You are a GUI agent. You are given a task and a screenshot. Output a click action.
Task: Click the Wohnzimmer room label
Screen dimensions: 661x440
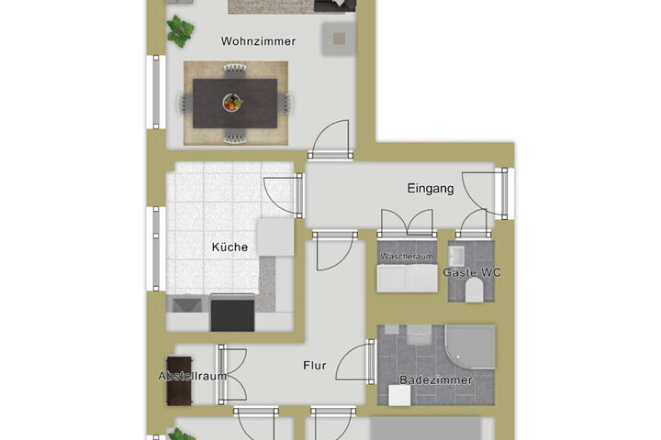click(x=258, y=41)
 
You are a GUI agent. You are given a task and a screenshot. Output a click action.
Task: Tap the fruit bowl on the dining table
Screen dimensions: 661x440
click(x=232, y=103)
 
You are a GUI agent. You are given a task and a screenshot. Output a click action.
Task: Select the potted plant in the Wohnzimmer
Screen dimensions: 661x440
click(x=181, y=31)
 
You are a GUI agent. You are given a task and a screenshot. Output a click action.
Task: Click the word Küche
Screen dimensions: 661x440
click(x=230, y=247)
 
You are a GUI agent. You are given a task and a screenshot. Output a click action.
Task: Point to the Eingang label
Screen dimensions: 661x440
click(x=431, y=188)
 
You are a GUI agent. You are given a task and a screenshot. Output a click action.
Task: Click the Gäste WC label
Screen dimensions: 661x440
click(x=472, y=272)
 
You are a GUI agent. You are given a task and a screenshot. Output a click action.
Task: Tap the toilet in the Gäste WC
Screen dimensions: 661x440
click(x=475, y=291)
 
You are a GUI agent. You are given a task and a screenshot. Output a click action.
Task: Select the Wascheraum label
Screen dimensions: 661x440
click(x=407, y=256)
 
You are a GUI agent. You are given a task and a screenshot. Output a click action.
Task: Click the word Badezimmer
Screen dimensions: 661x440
click(x=435, y=379)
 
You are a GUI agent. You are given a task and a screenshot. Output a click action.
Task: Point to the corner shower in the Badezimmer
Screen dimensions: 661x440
click(x=471, y=346)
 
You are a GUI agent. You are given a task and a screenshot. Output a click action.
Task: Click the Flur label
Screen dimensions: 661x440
click(x=315, y=366)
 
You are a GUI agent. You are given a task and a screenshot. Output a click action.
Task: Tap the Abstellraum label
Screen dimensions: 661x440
click(x=192, y=376)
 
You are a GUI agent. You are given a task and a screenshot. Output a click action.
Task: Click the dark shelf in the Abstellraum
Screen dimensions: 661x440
click(x=180, y=381)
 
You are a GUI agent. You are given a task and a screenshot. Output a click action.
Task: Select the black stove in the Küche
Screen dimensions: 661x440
click(x=232, y=313)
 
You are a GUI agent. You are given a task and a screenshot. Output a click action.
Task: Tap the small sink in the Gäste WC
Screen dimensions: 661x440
click(x=456, y=256)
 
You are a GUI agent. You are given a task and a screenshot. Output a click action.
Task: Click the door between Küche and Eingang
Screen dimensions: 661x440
click(x=284, y=195)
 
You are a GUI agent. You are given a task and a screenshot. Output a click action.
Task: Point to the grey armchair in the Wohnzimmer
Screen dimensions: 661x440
click(x=339, y=39)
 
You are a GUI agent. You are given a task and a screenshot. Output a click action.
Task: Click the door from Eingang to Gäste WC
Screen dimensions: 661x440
click(x=474, y=223)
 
